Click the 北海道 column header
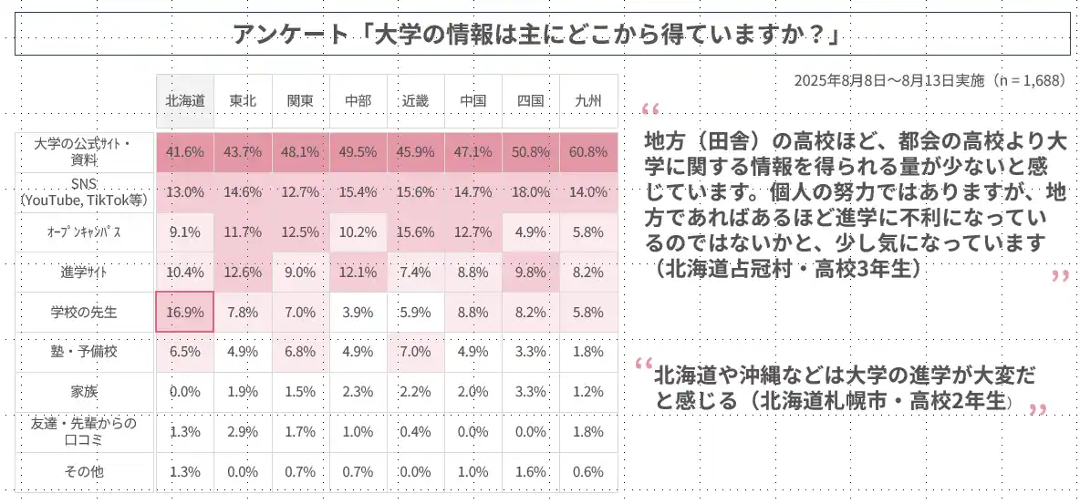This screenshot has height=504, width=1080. [185, 101]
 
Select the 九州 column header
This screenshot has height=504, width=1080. [588, 101]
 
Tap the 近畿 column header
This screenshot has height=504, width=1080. [415, 101]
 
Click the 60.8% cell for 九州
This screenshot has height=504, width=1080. [588, 152]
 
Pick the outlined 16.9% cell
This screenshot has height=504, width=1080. [185, 312]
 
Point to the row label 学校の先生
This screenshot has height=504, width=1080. [84, 313]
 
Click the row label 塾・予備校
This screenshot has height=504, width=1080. [84, 352]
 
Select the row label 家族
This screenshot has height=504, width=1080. [84, 392]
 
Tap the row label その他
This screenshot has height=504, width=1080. [84, 471]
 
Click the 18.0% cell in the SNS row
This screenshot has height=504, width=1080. [530, 192]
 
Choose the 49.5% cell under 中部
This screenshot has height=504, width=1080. [358, 152]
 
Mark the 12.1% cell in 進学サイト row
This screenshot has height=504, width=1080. [358, 272]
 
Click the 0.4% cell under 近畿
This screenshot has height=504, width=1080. [415, 431]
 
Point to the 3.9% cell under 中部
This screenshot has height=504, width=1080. [358, 312]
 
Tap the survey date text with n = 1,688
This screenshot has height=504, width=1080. [929, 80]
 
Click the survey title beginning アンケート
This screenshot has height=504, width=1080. [535, 35]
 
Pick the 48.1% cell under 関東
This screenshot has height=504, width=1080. [300, 152]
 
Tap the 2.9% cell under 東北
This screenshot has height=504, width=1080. [243, 431]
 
